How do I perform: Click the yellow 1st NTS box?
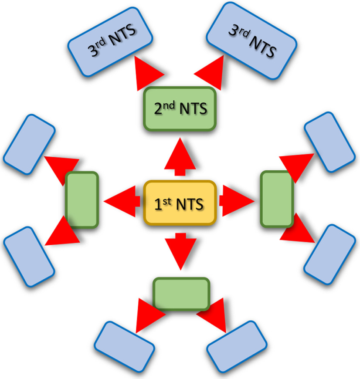[180, 203]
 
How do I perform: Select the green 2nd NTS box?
[180, 108]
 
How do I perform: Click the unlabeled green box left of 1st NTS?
[82, 200]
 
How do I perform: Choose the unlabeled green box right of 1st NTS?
[277, 199]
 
